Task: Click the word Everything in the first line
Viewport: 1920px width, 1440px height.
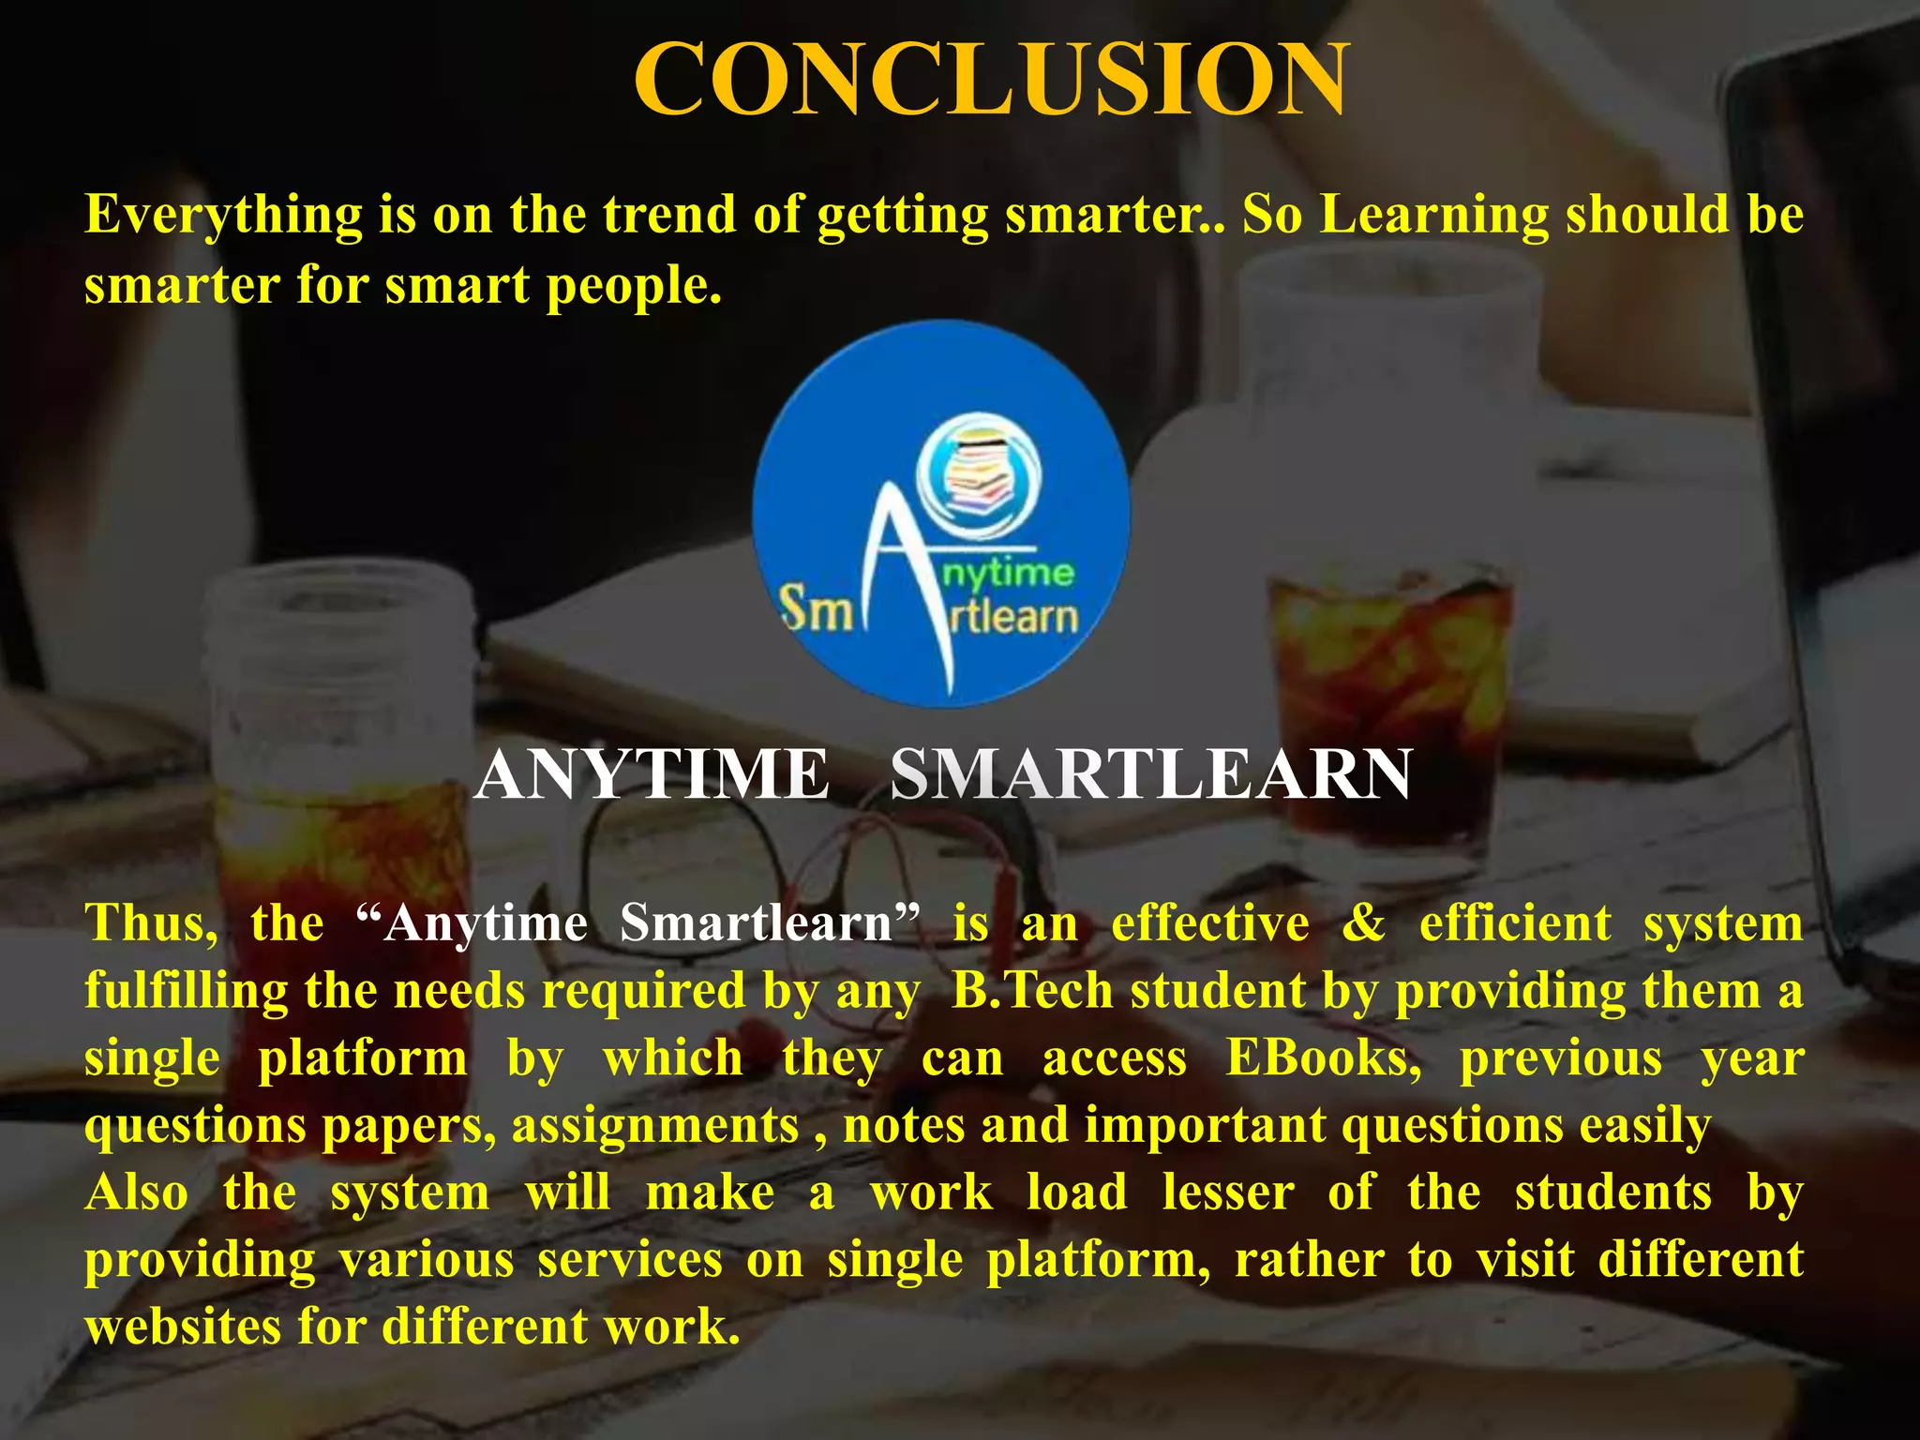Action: click(x=223, y=216)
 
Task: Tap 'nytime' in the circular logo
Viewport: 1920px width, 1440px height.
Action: click(x=1008, y=572)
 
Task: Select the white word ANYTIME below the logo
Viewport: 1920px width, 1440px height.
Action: click(x=652, y=775)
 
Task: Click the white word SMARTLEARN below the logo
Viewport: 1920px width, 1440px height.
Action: click(x=1150, y=775)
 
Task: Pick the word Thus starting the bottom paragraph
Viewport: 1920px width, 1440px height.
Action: click(x=151, y=923)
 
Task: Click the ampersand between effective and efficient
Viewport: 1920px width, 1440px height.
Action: click(x=1364, y=923)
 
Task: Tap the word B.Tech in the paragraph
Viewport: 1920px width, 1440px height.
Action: click(x=1032, y=991)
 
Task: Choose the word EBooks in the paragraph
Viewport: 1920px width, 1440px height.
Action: click(x=1323, y=1058)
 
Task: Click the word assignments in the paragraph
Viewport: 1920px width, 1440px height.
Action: click(x=654, y=1125)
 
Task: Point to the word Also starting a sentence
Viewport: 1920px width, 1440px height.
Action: click(x=137, y=1192)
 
